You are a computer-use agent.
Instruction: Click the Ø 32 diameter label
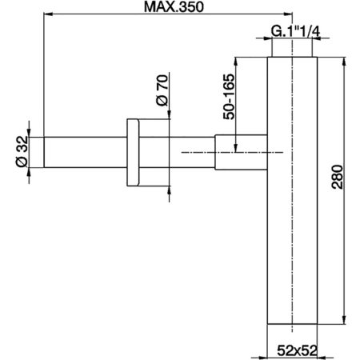click(22, 150)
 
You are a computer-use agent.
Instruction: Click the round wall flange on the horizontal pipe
click(134, 152)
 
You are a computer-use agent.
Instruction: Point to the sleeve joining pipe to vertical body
click(239, 151)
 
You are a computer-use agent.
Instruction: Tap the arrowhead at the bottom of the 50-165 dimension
click(236, 147)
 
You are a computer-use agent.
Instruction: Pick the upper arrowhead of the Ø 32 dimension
click(31, 134)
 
